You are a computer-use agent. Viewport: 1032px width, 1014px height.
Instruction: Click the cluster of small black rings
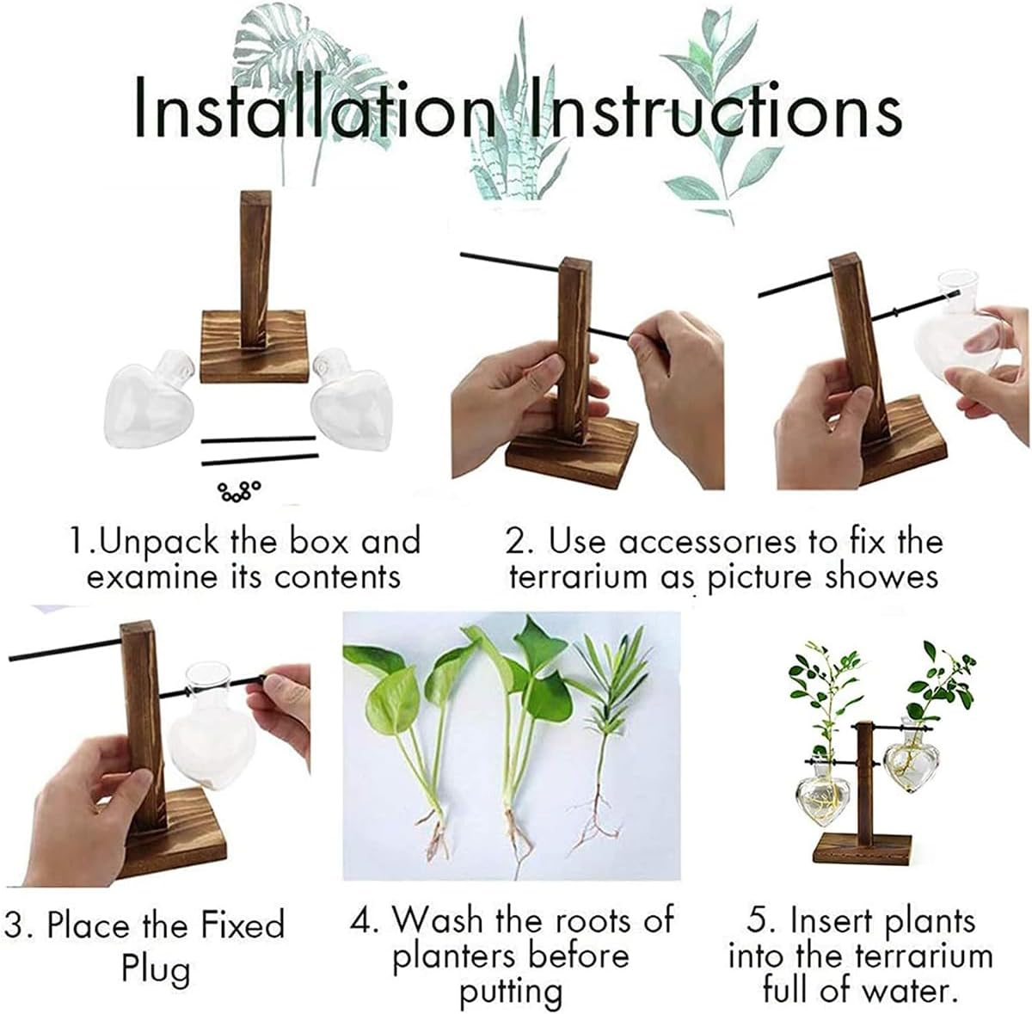coord(239,491)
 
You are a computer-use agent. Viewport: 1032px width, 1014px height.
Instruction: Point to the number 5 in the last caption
coord(759,921)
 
